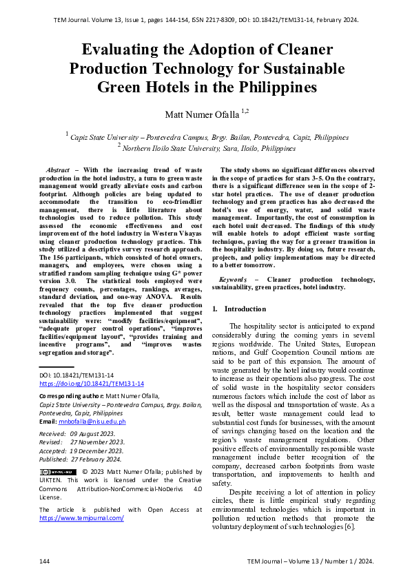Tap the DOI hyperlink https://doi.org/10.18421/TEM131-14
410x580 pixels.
[x=92, y=383]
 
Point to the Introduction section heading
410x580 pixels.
[x=245, y=309]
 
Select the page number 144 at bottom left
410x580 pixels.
[x=45, y=562]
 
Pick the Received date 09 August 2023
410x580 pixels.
[x=97, y=434]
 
